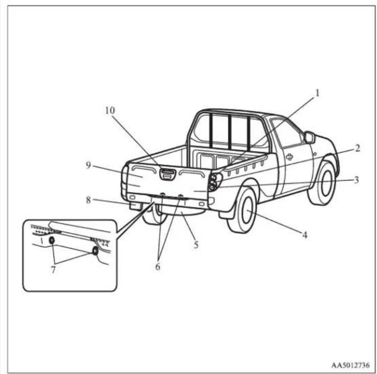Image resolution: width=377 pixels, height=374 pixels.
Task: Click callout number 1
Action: (317, 93)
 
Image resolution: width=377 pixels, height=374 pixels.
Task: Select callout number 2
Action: (358, 148)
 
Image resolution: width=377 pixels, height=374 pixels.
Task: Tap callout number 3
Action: (357, 180)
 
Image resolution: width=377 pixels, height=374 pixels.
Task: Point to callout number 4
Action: (305, 235)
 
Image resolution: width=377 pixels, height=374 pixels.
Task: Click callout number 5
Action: (196, 245)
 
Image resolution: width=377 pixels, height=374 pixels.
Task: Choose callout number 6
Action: (158, 266)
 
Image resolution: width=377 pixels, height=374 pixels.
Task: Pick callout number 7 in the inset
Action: (53, 270)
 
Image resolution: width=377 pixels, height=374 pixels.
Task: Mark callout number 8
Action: (88, 200)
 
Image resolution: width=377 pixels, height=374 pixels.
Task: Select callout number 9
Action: (88, 165)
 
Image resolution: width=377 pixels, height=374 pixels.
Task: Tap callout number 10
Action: (110, 110)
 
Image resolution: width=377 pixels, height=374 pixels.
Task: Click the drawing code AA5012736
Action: (350, 365)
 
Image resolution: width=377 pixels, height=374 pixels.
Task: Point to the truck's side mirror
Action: (309, 137)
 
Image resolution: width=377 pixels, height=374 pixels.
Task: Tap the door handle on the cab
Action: (290, 157)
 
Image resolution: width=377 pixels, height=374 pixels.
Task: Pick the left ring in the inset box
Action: (52, 240)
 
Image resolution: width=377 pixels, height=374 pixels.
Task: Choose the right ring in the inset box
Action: (95, 250)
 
